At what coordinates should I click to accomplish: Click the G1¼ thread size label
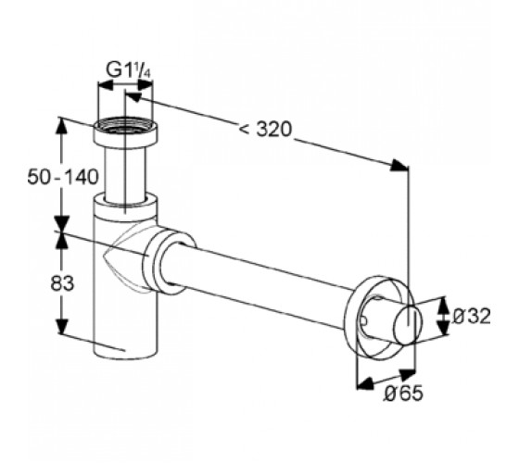click(x=129, y=70)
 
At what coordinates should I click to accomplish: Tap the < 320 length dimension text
click(x=265, y=129)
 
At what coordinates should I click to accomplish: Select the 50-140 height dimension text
click(x=63, y=177)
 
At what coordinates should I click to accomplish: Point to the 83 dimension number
click(x=62, y=283)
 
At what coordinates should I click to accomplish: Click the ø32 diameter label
click(x=471, y=316)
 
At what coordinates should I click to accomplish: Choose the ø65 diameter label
click(x=403, y=394)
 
